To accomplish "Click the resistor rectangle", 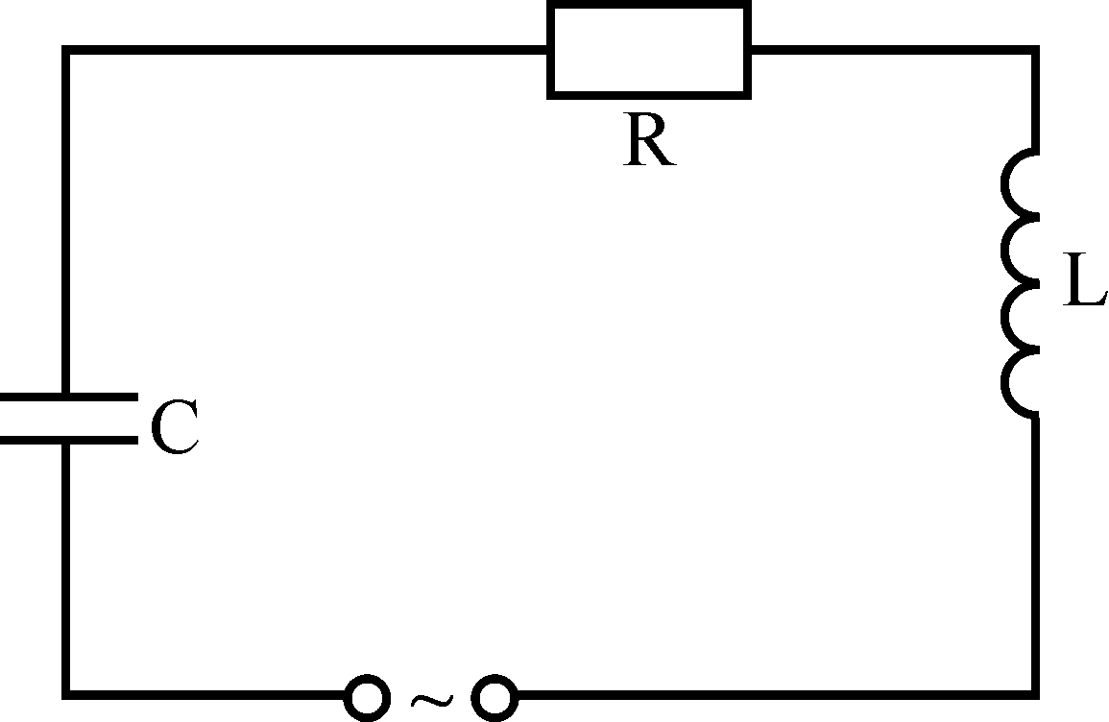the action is coord(649,50).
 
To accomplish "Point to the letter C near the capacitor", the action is coord(175,427).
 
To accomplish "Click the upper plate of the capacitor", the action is coord(67,396).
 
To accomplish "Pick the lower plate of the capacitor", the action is coord(67,440).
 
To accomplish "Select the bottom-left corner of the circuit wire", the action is coord(66,692).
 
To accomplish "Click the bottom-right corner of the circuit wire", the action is coord(1034,692).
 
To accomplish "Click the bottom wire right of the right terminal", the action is coord(768,692).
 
